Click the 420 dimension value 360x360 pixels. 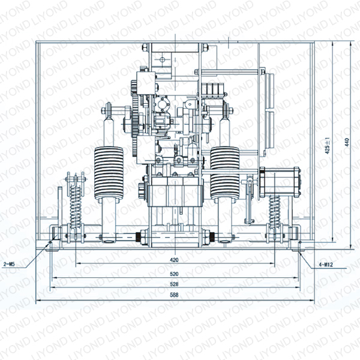pyautogui.click(x=174, y=260)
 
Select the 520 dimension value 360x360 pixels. pyautogui.click(x=174, y=274)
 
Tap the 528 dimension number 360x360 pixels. pyautogui.click(x=174, y=284)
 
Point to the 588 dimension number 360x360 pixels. pyautogui.click(x=174, y=295)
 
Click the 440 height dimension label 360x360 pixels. pyautogui.click(x=347, y=142)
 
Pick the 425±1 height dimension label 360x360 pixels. pyautogui.click(x=328, y=146)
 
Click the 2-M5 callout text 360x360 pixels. pyautogui.click(x=10, y=264)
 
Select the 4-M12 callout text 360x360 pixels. pyautogui.click(x=326, y=265)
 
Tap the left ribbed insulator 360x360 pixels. pyautogui.click(x=109, y=173)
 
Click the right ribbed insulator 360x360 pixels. pyautogui.click(x=225, y=173)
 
